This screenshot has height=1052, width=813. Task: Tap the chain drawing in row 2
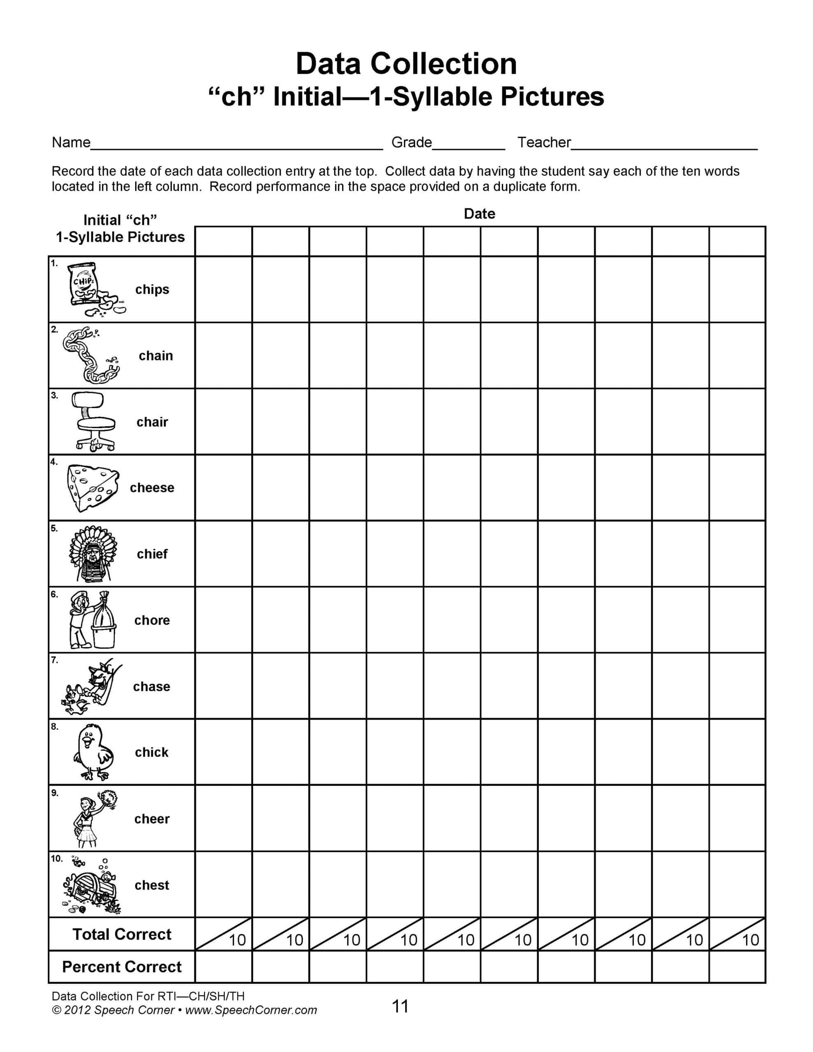[90, 355]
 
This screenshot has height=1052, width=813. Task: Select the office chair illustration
[95, 422]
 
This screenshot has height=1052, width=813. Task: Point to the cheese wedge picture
[92, 487]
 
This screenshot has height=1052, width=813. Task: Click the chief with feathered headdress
[93, 554]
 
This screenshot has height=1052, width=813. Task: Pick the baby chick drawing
[92, 752]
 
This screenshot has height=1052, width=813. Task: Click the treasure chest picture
[92, 885]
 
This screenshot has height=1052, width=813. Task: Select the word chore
[152, 621]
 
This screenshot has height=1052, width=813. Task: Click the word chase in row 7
[151, 686]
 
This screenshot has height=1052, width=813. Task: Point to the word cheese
[152, 488]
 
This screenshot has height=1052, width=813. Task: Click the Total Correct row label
[122, 934]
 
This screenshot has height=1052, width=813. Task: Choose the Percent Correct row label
[122, 967]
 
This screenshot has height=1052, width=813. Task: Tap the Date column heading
[479, 214]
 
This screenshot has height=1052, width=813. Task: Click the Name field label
[71, 143]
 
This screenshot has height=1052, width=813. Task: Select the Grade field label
[411, 143]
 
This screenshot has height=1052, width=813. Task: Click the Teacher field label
[544, 143]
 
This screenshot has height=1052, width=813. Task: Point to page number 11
[400, 1006]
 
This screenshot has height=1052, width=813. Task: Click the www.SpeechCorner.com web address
[251, 1010]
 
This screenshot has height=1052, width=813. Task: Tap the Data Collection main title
[406, 64]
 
